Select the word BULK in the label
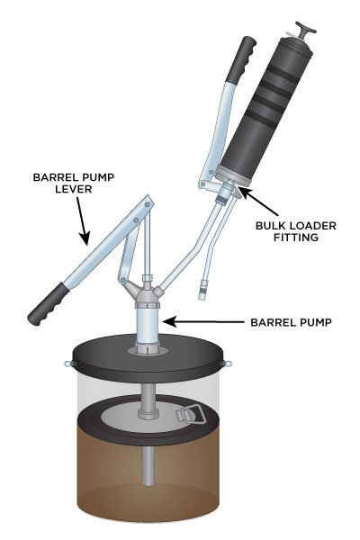pyautogui.click(x=256, y=225)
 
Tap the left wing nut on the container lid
pyautogui.click(x=67, y=364)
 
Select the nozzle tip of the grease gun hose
pyautogui.click(x=202, y=291)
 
